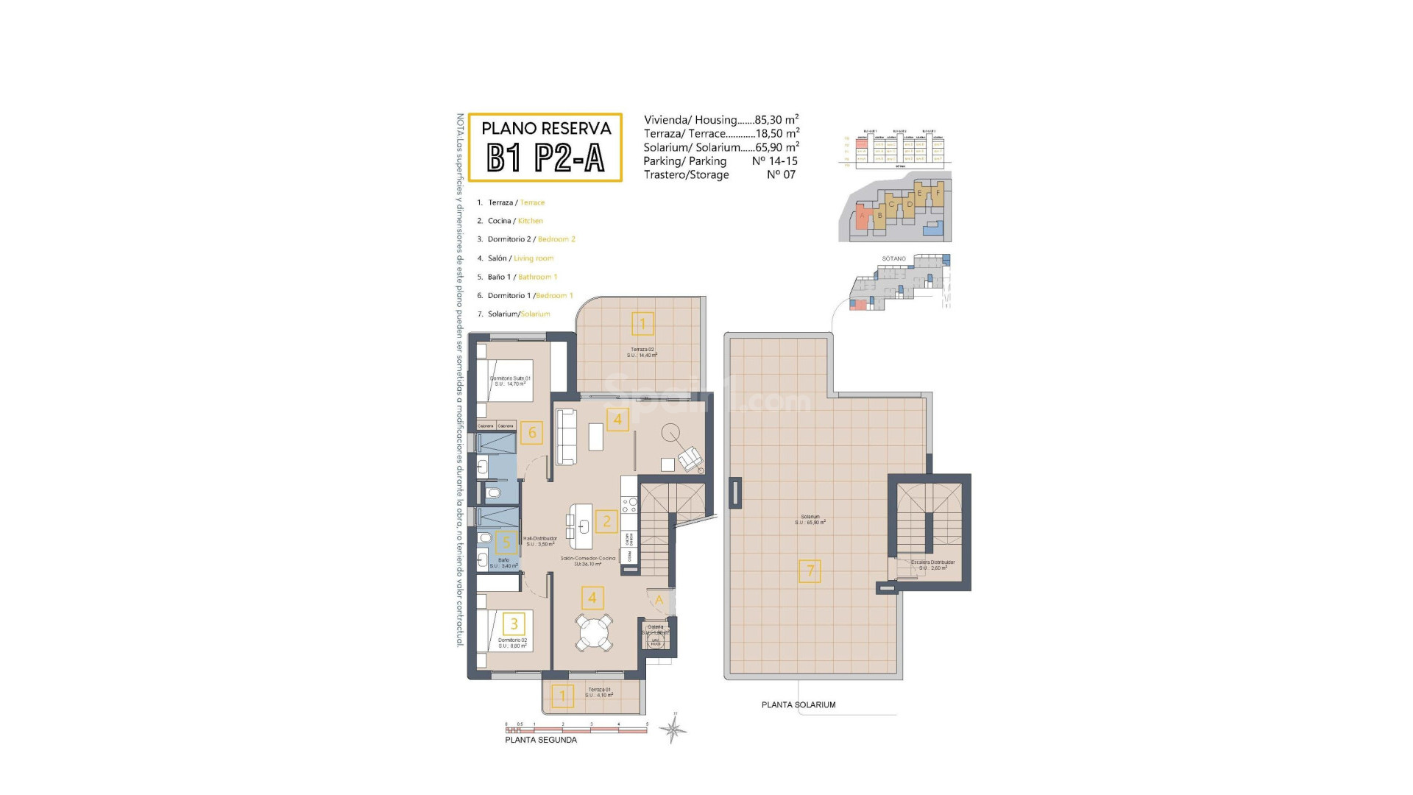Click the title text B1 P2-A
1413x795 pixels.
click(x=545, y=158)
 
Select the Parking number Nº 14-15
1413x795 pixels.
click(x=774, y=160)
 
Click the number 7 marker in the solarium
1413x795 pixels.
click(x=810, y=570)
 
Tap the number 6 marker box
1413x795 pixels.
click(x=531, y=433)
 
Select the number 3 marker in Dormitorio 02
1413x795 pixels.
click(x=514, y=624)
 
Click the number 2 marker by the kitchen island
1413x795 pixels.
click(x=606, y=521)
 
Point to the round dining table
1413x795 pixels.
click(x=594, y=632)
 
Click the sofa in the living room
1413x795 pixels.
click(x=565, y=437)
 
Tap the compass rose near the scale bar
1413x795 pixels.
click(x=673, y=729)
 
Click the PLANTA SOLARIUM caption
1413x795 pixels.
click(x=798, y=704)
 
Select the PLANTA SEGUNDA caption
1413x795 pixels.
click(x=541, y=740)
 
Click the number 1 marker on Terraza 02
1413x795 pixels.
click(x=642, y=323)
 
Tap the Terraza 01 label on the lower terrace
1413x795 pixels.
click(x=599, y=690)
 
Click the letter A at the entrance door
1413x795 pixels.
click(x=659, y=600)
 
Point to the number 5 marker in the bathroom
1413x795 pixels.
click(x=506, y=543)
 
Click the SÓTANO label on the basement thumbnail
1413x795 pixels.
click(x=893, y=259)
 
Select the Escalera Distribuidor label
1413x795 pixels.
click(x=932, y=562)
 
